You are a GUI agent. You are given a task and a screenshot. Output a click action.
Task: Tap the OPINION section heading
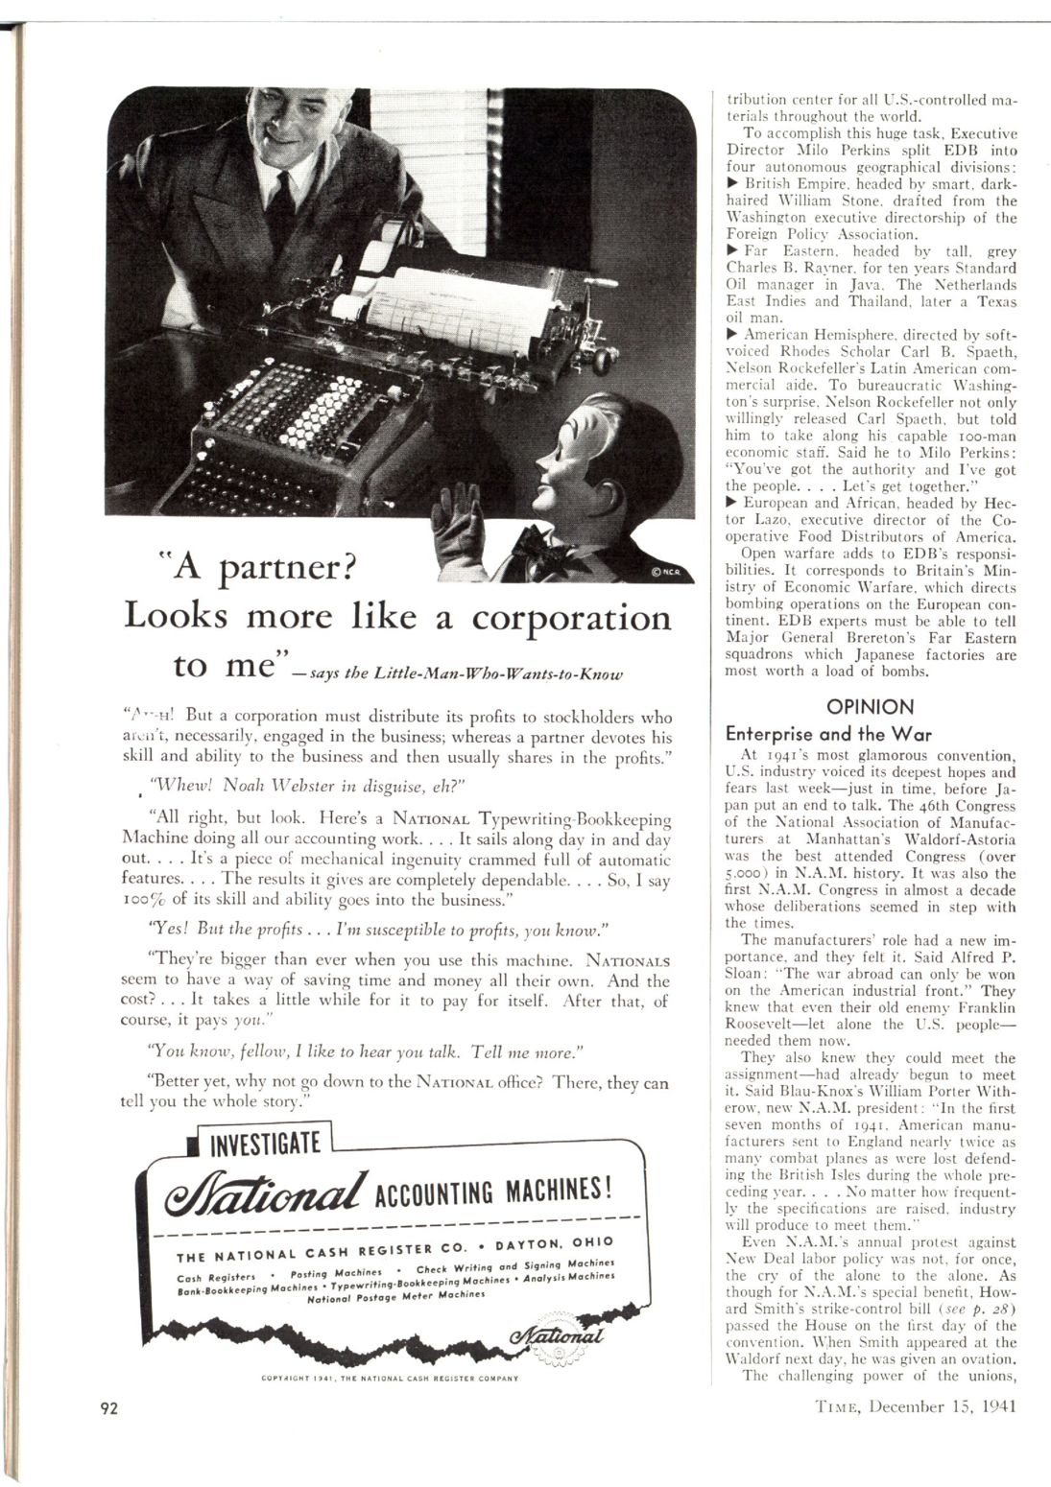coord(871,707)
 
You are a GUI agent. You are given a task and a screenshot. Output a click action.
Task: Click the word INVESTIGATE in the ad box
coord(264,1144)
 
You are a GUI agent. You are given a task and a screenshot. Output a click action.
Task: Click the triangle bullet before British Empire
coord(732,183)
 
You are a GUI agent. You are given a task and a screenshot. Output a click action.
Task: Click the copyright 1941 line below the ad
coord(389,1379)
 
